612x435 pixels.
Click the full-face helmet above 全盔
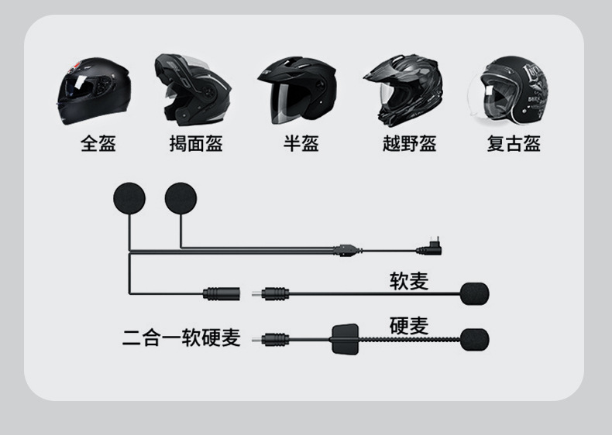[x=92, y=91]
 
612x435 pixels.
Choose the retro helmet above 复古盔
[x=509, y=91]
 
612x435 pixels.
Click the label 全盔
[x=98, y=143]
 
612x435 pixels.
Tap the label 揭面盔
[x=196, y=143]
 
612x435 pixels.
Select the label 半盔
[x=301, y=143]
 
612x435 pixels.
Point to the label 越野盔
[x=409, y=143]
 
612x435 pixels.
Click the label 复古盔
[x=514, y=143]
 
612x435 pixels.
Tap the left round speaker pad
[x=129, y=198]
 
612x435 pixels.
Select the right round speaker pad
[x=181, y=198]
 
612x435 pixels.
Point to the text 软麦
[x=408, y=281]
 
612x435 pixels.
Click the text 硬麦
[x=408, y=326]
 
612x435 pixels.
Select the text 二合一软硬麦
[x=181, y=338]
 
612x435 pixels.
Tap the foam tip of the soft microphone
[x=474, y=294]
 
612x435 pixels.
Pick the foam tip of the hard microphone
[x=474, y=339]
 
